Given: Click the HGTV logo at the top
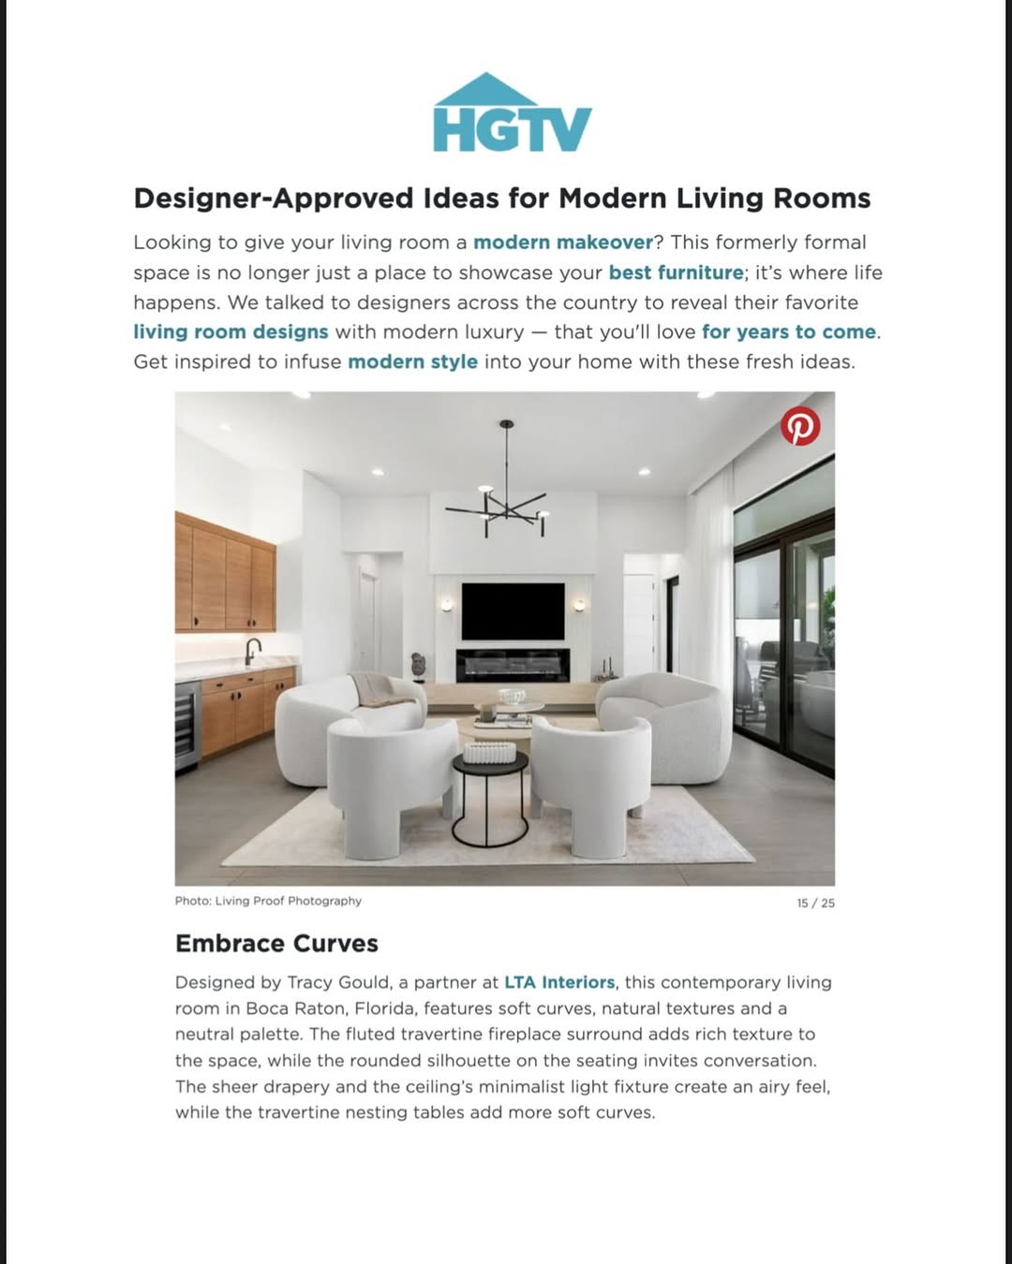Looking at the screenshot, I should [512, 114].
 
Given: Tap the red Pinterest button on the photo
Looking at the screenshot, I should [800, 426].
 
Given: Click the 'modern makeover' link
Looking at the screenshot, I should [563, 243].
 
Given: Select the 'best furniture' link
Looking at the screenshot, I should [676, 272].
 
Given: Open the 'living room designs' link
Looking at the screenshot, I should [231, 332].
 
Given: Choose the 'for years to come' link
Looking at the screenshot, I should [789, 332].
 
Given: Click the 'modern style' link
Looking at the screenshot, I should [412, 362].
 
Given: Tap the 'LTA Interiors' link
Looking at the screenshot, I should [559, 983].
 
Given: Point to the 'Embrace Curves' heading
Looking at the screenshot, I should [276, 943].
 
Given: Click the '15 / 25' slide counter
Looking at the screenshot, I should [815, 904].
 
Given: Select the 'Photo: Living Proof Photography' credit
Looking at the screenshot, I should [268, 901].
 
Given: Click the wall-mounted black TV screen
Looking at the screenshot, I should [513, 610].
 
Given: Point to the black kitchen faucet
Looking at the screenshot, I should [252, 649].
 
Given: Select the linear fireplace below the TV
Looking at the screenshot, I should [513, 665].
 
